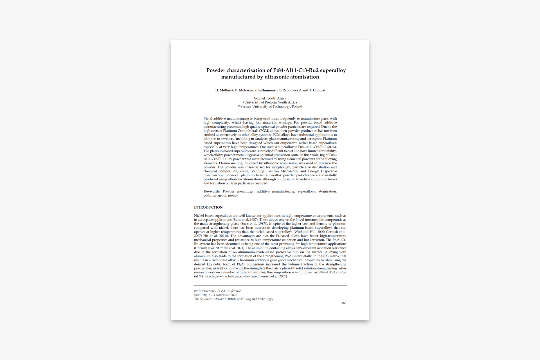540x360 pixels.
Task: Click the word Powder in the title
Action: pos(216,70)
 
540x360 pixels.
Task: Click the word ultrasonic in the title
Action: pos(276,77)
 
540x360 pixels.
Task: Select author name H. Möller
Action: pos(222,90)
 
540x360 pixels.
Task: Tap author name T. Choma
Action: pos(316,90)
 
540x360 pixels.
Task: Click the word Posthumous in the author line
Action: pos(266,90)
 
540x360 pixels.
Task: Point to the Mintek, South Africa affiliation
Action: pos(270,98)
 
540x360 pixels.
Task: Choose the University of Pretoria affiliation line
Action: pos(270,102)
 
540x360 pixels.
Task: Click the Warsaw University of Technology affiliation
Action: pos(270,107)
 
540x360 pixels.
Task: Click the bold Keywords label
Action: pos(212,192)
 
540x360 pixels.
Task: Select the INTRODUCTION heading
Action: pos(208,208)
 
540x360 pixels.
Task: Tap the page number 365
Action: pos(344,303)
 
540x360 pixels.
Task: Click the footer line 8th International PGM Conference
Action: pos(217,291)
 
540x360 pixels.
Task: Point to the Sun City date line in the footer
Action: pos(216,295)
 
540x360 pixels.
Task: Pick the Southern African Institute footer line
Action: pos(233,299)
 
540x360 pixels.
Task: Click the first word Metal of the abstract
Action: pos(208,119)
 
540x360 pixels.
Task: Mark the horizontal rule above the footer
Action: pos(270,286)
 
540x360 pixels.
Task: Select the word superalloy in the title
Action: pos(333,70)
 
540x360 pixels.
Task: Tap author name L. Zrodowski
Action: pos(289,90)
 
